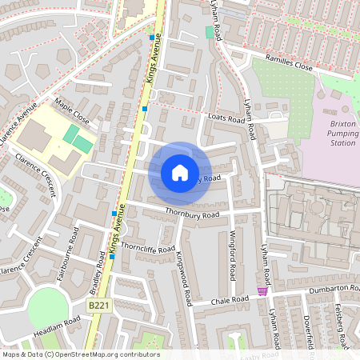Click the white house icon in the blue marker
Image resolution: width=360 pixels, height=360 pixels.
(180, 172)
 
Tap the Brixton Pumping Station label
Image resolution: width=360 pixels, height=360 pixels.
(342, 134)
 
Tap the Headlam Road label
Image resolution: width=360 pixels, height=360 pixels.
(58, 326)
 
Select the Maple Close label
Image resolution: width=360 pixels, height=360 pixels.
(72, 112)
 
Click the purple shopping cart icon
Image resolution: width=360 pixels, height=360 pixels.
(262, 292)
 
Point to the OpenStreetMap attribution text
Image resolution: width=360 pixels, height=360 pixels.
(70, 354)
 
